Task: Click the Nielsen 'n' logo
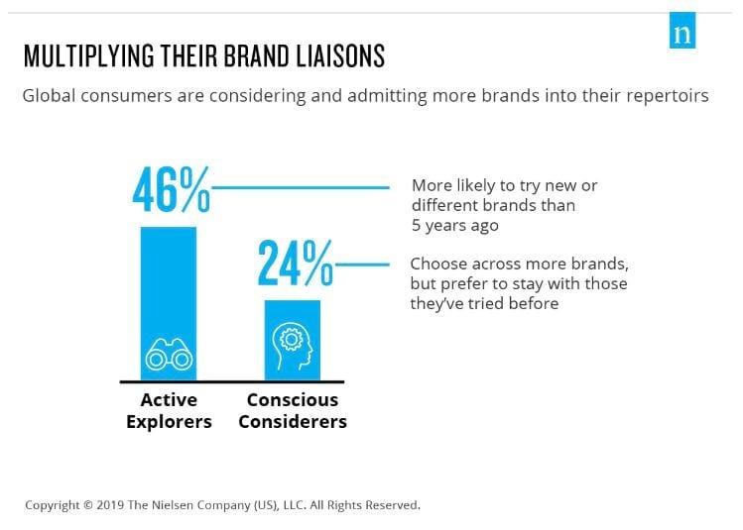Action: click(x=682, y=31)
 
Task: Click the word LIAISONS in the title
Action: click(x=340, y=55)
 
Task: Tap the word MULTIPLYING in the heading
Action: click(x=89, y=55)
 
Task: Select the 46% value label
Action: click(x=171, y=189)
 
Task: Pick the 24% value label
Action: click(x=296, y=264)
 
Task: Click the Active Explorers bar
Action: click(x=169, y=304)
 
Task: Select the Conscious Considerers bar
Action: click(x=293, y=340)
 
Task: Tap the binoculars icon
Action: click(x=169, y=355)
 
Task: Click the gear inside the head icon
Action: click(x=291, y=339)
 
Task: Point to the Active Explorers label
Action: click(x=169, y=411)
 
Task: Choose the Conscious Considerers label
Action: click(x=293, y=411)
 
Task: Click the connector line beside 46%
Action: click(x=301, y=188)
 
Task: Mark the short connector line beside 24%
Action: click(x=362, y=265)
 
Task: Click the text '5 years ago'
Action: click(x=455, y=225)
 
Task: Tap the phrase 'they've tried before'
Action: click(x=484, y=303)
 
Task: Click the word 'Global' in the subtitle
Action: click(x=49, y=96)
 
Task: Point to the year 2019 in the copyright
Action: click(x=111, y=505)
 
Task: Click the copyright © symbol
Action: click(x=88, y=505)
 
